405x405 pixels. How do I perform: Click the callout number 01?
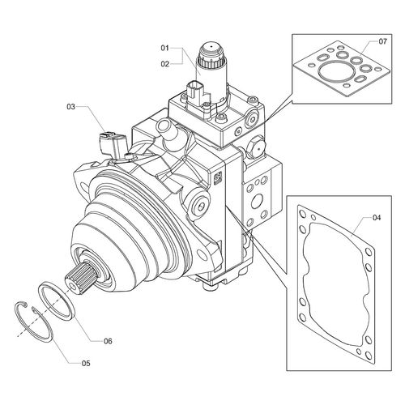[x=164, y=49]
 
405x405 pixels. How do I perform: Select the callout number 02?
[x=164, y=64]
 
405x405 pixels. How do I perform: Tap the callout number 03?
[x=70, y=107]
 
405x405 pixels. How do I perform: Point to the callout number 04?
[x=377, y=217]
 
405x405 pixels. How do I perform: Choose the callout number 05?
[x=86, y=364]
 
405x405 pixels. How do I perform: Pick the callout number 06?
[x=108, y=341]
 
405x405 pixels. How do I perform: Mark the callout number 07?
[x=382, y=41]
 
